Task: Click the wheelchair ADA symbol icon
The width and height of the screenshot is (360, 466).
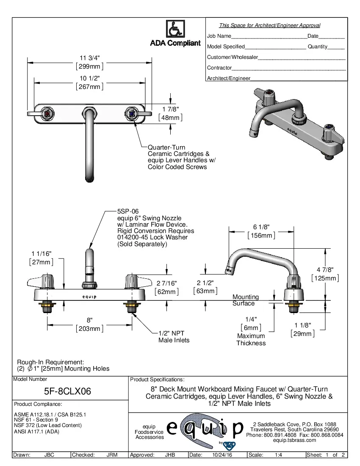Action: click(175, 29)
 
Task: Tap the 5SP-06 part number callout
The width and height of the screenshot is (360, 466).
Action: click(128, 211)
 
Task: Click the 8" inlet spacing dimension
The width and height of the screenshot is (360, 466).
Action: click(90, 320)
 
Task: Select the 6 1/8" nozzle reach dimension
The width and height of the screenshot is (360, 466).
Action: click(261, 227)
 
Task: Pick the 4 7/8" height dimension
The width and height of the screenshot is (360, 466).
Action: click(325, 270)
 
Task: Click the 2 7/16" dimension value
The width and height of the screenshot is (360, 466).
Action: click(166, 283)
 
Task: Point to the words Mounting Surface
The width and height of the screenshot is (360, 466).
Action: click(245, 300)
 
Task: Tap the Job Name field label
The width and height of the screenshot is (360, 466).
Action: click(219, 36)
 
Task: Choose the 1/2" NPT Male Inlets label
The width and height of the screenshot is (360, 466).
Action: click(174, 336)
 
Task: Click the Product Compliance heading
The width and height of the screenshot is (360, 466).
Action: click(38, 404)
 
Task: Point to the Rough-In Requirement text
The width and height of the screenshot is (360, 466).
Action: click(50, 362)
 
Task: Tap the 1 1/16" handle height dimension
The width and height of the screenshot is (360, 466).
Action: click(41, 253)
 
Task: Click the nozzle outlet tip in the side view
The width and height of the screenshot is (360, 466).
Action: click(229, 269)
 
